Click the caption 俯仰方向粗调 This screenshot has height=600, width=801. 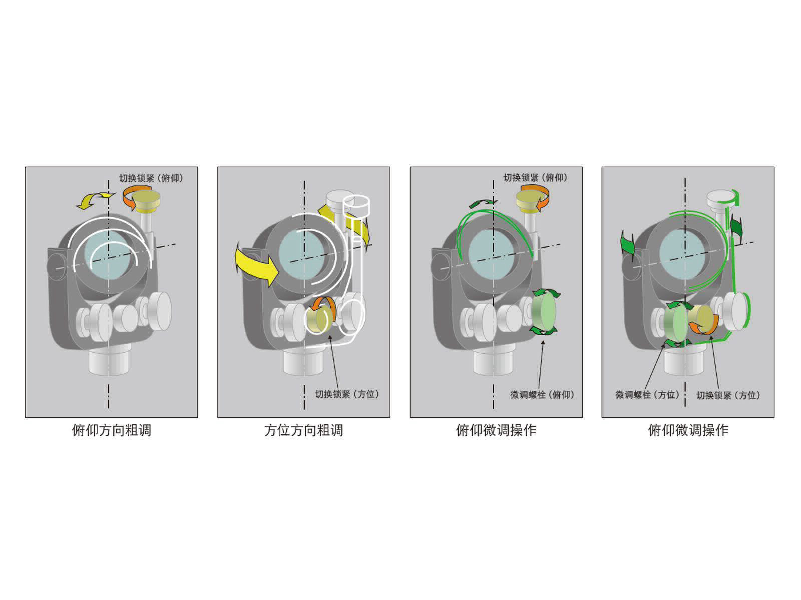coord(111,430)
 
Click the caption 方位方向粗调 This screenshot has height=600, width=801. coord(303,430)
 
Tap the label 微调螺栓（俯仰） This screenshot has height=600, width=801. coord(542,395)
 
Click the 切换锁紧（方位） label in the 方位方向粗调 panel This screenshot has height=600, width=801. coord(347,394)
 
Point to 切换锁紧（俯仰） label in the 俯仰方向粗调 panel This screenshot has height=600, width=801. coord(151,178)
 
